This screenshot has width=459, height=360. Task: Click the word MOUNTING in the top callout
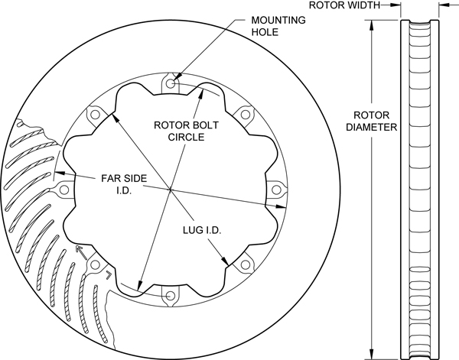coord(274,21)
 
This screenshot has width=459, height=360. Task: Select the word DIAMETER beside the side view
coord(372,127)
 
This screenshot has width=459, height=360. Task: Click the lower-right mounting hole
coord(246,264)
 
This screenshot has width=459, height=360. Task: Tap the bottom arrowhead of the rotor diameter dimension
coord(373,352)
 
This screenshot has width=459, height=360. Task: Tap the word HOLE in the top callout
coord(264,34)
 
